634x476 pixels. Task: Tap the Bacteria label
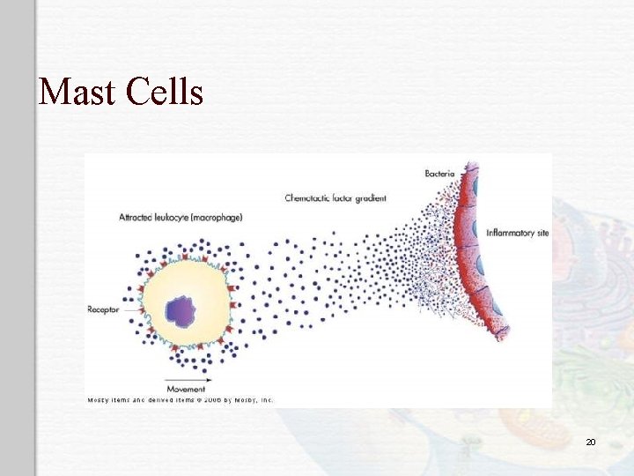coord(439,173)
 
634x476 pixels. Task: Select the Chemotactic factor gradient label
coord(335,198)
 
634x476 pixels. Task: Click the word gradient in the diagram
coord(371,198)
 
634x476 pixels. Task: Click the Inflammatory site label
coord(519,233)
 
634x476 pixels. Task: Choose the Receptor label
coord(103,309)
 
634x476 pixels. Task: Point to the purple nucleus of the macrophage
coord(181,309)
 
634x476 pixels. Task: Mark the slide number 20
coord(591,440)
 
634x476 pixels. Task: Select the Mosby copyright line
coord(180,400)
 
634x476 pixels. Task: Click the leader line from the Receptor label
coord(129,309)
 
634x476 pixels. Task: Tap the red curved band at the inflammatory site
coord(465,256)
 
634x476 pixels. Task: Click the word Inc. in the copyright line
coord(265,400)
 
